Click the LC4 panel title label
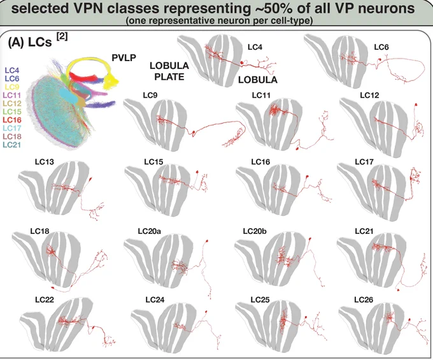point(255,47)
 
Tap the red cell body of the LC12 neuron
point(416,104)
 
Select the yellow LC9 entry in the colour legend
point(13,87)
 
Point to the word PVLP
point(124,58)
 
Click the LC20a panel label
point(150,231)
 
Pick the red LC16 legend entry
point(13,120)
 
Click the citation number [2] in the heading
point(62,37)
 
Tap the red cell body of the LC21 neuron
point(398,290)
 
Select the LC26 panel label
point(364,299)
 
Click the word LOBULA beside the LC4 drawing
point(258,80)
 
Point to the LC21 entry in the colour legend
point(13,145)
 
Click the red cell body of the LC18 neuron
point(53,287)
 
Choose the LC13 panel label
point(45,162)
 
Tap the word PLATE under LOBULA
point(169,77)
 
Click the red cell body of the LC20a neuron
point(207,241)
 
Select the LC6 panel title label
point(381,47)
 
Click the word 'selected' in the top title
point(39,8)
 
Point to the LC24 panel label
point(155,299)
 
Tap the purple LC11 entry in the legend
point(13,96)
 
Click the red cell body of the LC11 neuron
point(297,148)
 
